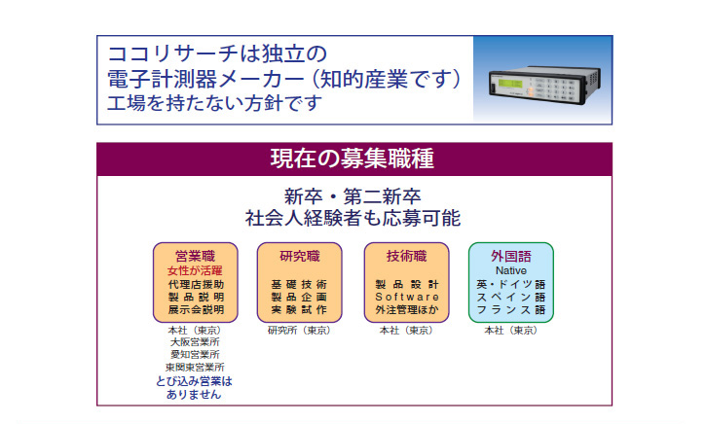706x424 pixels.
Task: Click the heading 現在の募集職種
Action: coord(353,159)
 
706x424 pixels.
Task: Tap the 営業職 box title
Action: coord(196,257)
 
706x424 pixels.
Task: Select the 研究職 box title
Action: coord(300,257)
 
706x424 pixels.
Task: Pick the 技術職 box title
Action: coord(407,257)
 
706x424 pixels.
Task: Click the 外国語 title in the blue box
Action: coord(511,257)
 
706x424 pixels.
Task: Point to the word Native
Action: coord(511,270)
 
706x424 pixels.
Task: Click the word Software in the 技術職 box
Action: coord(407,298)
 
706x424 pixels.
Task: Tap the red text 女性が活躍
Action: coord(195,270)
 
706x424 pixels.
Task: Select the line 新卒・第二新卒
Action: coord(353,197)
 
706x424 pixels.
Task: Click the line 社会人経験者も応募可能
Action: coord(353,219)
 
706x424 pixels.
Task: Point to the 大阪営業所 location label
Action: coord(195,342)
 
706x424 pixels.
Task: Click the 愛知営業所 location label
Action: coord(195,355)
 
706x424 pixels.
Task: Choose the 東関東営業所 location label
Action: coord(195,368)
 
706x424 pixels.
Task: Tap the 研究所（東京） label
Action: coord(300,331)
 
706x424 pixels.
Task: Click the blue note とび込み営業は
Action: coord(194,381)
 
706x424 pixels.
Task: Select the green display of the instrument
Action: coord(509,85)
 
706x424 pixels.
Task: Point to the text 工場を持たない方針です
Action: coord(215,103)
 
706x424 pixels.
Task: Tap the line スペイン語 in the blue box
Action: coord(511,298)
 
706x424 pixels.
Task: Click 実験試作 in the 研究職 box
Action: coord(299,310)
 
